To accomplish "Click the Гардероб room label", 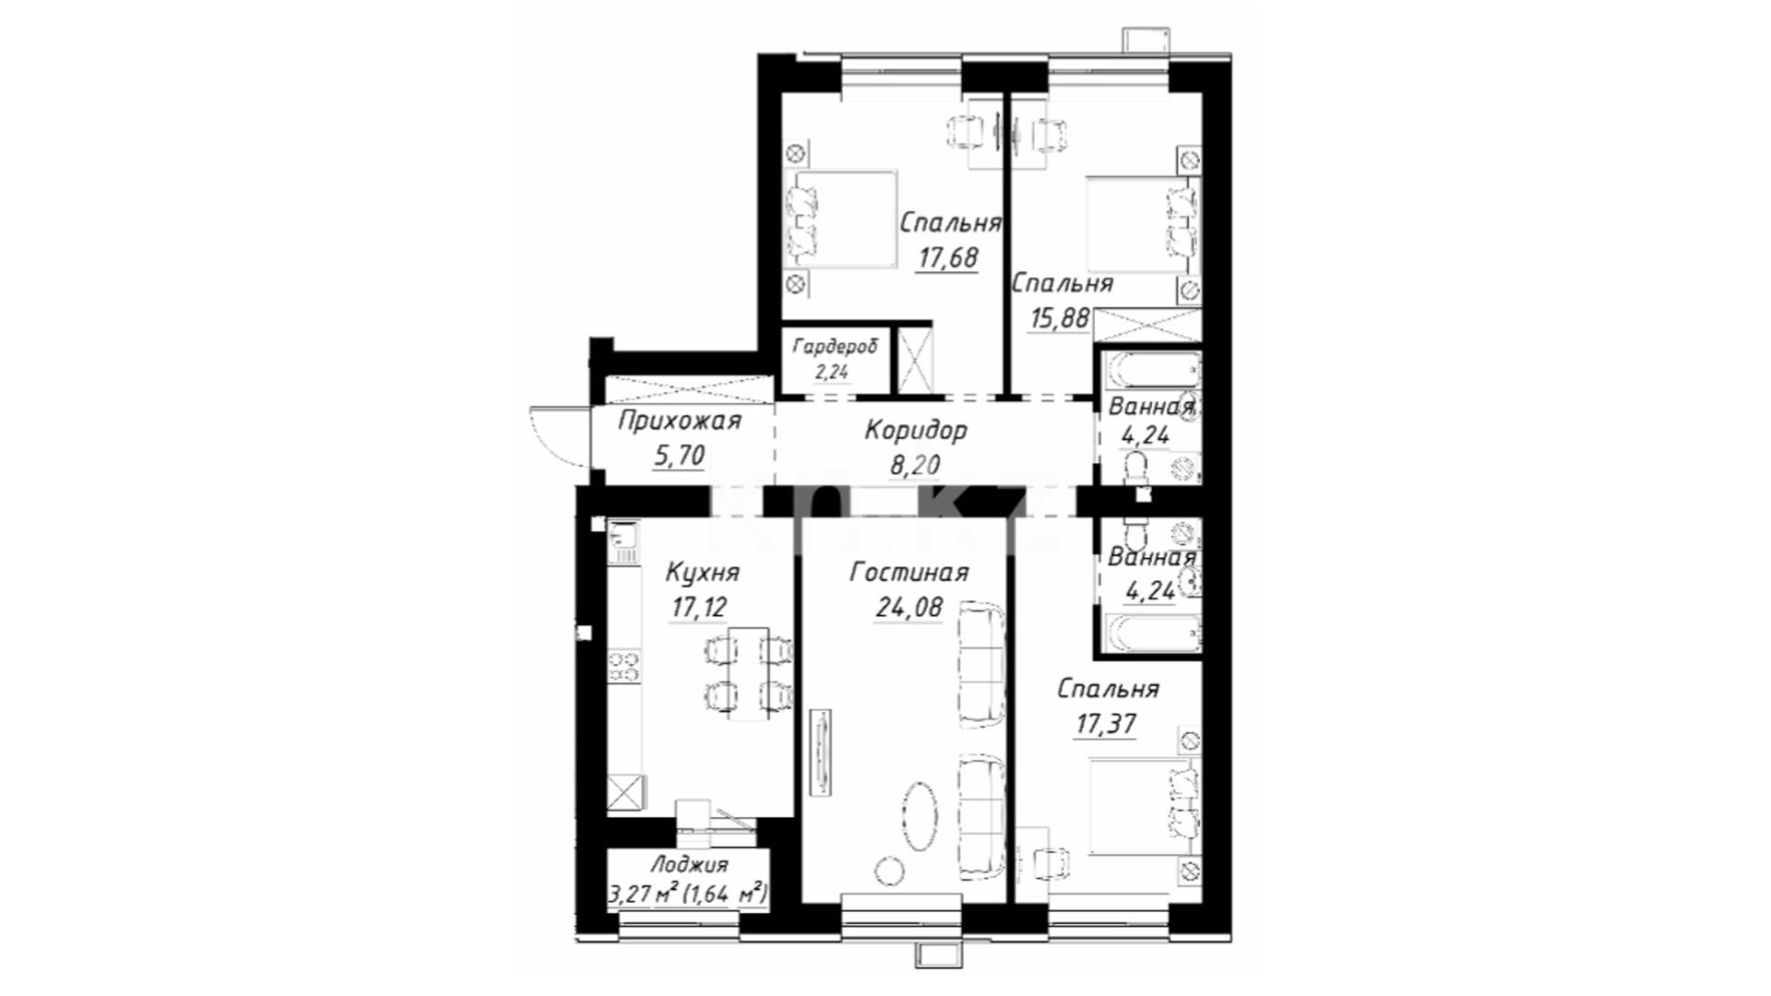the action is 834,347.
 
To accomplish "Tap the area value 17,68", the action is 947,257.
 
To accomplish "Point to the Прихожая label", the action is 679,422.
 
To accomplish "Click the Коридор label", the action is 916,430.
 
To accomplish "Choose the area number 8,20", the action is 914,465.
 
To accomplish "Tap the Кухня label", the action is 702,573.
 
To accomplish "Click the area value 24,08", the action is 909,608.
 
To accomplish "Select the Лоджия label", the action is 688,865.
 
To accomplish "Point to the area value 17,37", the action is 1105,725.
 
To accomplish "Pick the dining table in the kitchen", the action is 748,674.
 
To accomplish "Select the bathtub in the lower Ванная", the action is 1153,634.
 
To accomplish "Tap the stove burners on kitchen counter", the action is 624,666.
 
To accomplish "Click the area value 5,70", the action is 678,456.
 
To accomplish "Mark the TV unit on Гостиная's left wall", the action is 821,753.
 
